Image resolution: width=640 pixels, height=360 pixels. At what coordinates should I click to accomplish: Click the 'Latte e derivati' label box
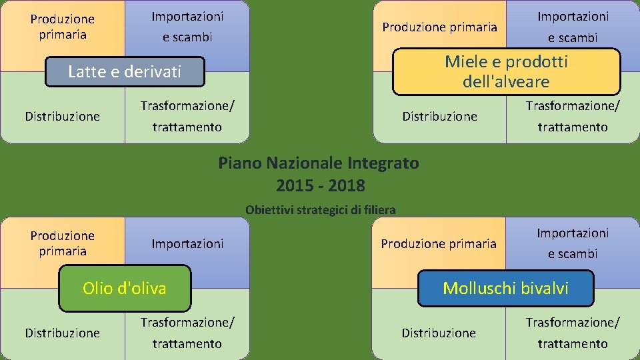click(x=125, y=72)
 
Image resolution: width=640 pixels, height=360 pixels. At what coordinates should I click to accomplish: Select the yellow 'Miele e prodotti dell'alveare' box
click(x=506, y=71)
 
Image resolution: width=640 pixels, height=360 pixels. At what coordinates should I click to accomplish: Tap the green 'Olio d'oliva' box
click(x=125, y=288)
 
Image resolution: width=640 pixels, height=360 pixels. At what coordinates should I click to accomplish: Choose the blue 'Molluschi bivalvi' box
click(x=505, y=288)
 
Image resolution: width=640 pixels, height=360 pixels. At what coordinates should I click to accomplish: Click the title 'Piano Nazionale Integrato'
click(x=319, y=163)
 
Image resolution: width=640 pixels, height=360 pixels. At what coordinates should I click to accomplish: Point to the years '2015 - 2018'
click(x=320, y=185)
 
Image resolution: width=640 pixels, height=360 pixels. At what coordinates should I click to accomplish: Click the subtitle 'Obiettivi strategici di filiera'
click(x=320, y=209)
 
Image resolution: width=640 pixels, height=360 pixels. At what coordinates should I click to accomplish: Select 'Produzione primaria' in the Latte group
click(x=63, y=27)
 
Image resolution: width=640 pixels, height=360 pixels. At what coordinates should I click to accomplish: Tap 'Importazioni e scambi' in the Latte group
click(x=187, y=27)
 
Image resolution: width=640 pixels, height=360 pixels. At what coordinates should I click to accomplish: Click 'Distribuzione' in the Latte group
click(x=63, y=117)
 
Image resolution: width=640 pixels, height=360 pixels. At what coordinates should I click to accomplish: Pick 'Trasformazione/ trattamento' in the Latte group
click(x=187, y=116)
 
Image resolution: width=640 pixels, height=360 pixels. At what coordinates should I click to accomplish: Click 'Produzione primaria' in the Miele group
click(x=439, y=27)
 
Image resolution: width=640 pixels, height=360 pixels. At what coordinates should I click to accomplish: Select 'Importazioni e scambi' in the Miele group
click(x=573, y=27)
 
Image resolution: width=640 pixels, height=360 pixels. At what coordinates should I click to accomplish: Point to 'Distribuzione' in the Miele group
click(x=440, y=117)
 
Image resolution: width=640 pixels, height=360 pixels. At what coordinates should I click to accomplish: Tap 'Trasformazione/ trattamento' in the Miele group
click(x=573, y=116)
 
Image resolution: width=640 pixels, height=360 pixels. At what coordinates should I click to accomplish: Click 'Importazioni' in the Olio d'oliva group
click(x=187, y=244)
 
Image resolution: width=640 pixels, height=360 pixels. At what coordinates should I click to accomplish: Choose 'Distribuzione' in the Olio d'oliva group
click(x=63, y=333)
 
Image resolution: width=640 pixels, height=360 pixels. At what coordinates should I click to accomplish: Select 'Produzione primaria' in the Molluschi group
click(x=439, y=244)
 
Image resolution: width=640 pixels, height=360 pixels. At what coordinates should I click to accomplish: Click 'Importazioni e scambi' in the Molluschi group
click(x=573, y=243)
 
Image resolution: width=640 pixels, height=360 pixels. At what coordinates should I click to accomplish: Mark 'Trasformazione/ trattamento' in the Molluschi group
click(x=573, y=333)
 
